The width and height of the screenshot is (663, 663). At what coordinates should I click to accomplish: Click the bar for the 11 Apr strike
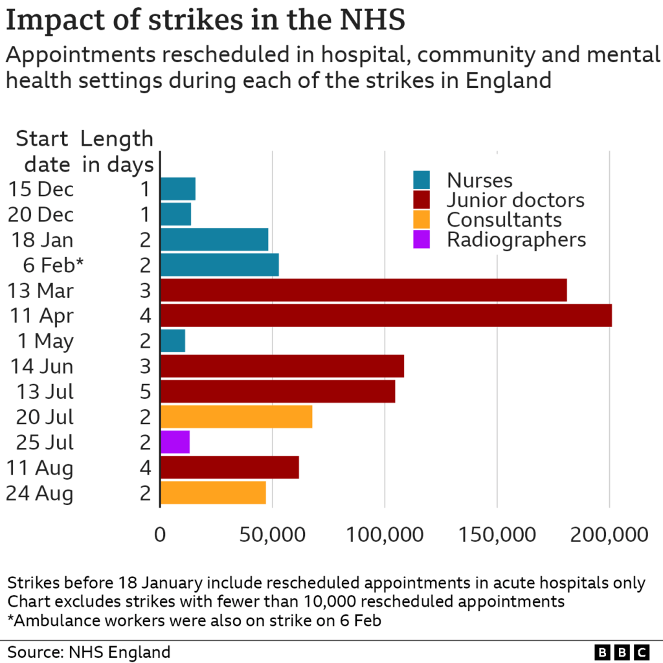tap(386, 315)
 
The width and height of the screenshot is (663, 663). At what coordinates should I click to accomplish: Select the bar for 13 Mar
tap(363, 290)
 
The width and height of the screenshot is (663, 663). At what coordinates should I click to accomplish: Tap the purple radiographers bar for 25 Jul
tap(175, 442)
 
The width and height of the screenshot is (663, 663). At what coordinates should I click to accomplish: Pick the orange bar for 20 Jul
tap(236, 416)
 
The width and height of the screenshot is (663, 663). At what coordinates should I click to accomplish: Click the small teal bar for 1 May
tap(173, 341)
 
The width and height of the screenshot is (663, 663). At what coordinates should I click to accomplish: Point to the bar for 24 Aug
tap(213, 493)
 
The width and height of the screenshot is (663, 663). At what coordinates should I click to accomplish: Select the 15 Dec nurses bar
tap(178, 189)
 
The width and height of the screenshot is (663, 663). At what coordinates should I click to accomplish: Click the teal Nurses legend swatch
tap(422, 181)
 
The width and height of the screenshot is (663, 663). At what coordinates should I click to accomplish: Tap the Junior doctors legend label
tap(515, 200)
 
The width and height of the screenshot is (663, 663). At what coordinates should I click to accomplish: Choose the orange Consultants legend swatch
tap(422, 219)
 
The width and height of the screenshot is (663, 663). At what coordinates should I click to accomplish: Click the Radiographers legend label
tap(516, 240)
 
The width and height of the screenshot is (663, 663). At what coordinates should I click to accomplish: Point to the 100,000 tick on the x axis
tap(385, 534)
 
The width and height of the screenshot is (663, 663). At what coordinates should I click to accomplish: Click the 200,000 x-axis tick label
tap(610, 534)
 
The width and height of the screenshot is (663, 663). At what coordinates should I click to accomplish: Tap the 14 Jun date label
tap(42, 366)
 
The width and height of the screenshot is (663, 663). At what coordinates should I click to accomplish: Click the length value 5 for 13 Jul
tap(145, 392)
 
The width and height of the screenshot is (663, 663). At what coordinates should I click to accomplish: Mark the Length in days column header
tap(117, 152)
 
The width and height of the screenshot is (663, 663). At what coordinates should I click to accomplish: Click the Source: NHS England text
tap(89, 651)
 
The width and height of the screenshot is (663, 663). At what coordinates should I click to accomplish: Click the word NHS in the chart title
tap(371, 20)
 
